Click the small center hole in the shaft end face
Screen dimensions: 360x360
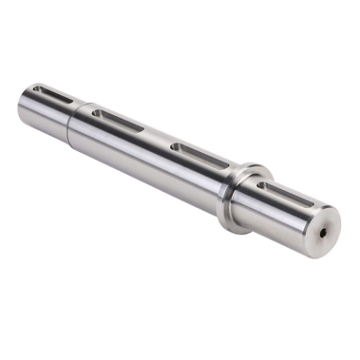(322, 233)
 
